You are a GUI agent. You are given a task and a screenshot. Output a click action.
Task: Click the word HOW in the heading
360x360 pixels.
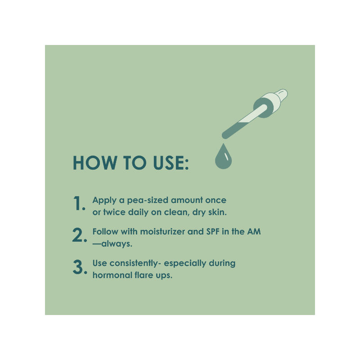click(x=95, y=163)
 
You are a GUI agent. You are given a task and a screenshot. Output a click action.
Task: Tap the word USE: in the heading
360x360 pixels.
click(x=171, y=163)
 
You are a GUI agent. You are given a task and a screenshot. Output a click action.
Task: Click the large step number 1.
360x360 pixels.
click(x=79, y=203)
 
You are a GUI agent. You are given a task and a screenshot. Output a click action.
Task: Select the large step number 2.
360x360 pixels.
click(x=80, y=235)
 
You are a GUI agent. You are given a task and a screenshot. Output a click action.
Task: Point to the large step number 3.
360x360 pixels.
click(x=80, y=267)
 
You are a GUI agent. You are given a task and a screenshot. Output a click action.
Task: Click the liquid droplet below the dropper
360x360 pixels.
click(x=223, y=157)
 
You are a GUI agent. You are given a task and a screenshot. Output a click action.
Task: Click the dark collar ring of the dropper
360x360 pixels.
click(x=264, y=108)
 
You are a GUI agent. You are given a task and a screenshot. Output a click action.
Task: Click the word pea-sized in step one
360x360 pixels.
click(x=147, y=200)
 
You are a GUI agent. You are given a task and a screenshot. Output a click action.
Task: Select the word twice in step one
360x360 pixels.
click(x=114, y=212)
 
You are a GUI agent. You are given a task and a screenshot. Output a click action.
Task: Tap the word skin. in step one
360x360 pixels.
click(x=217, y=212)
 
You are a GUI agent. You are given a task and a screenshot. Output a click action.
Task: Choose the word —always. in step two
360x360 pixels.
click(x=112, y=243)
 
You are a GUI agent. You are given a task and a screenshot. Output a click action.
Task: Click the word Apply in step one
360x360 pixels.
click(x=104, y=200)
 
